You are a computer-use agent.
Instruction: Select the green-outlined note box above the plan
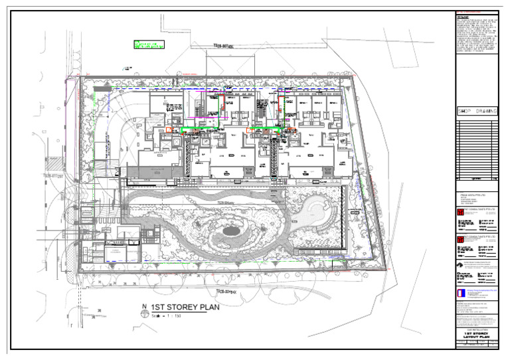[x=150, y=45]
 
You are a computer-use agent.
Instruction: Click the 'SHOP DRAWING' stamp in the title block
[x=477, y=112]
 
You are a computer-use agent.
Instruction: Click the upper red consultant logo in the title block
[x=458, y=212]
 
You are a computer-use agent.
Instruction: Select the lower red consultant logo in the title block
[x=458, y=238]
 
